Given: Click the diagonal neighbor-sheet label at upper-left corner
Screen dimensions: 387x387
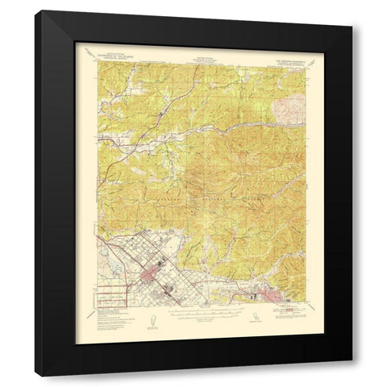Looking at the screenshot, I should point(90,53).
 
